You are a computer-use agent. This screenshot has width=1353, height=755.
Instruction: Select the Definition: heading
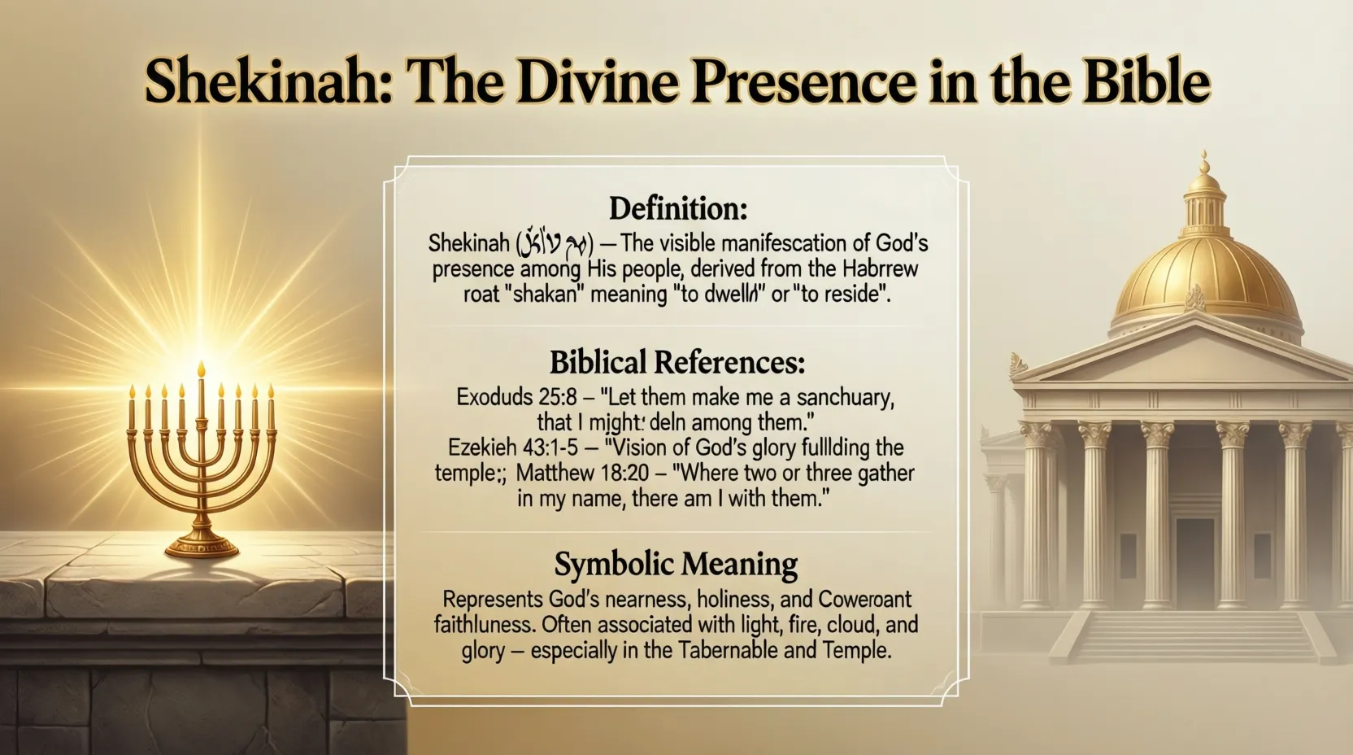(677, 209)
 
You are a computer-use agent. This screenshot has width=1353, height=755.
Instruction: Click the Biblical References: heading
(677, 361)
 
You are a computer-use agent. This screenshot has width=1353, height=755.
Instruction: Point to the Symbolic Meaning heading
(676, 564)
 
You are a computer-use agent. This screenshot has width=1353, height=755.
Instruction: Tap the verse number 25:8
(557, 397)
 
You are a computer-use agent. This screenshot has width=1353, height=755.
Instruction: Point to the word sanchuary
(845, 397)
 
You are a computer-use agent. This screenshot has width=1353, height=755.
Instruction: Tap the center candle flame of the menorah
(202, 370)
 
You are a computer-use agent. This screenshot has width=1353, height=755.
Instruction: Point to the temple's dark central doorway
(1194, 561)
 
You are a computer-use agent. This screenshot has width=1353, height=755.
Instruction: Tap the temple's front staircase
(1194, 635)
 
